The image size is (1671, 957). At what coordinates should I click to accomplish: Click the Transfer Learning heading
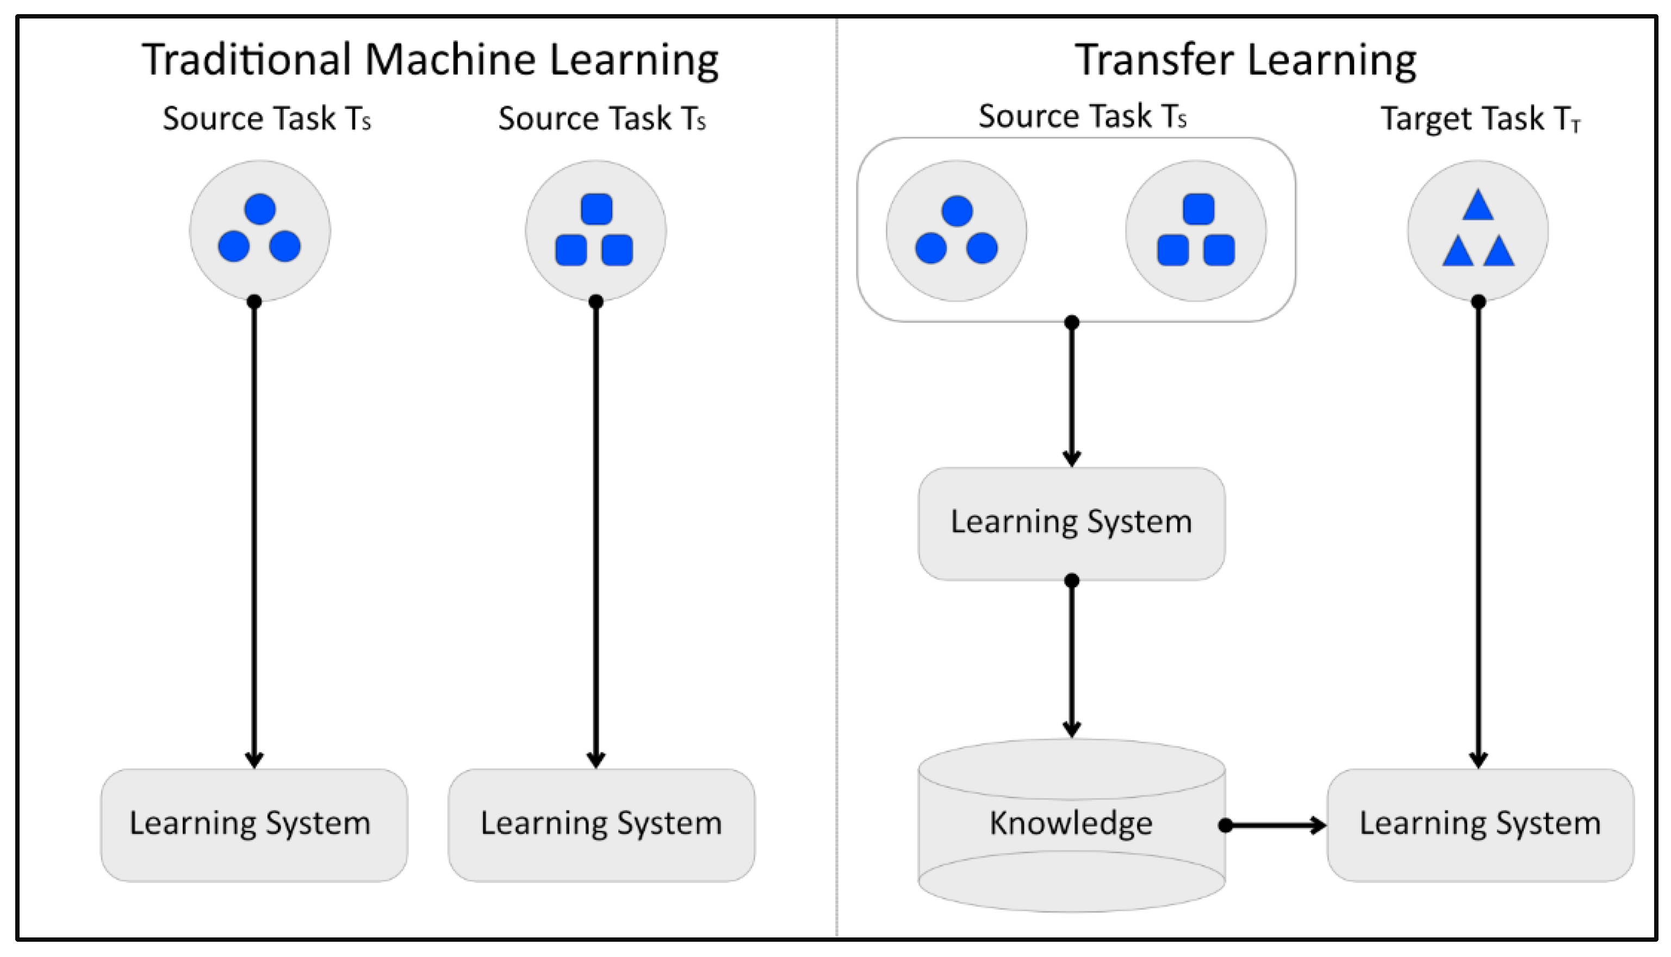point(1245,60)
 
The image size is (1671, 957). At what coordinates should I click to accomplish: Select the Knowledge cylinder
point(1071,824)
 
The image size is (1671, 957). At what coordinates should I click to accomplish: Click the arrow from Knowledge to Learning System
point(1275,825)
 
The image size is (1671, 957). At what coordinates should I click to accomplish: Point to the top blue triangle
point(1478,206)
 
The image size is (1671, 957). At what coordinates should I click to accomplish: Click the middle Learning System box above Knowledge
point(1071,523)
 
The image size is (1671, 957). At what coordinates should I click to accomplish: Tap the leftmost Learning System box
point(253,824)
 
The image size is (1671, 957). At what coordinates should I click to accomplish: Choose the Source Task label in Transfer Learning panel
point(1082,116)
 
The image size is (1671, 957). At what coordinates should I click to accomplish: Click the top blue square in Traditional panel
point(597,209)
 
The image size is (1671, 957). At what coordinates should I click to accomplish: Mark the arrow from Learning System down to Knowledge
point(1072,657)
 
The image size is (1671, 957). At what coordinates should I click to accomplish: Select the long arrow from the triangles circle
point(1479,532)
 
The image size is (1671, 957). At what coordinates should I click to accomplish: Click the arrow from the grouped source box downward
point(1072,394)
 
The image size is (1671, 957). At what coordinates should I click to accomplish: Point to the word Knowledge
point(1071,823)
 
